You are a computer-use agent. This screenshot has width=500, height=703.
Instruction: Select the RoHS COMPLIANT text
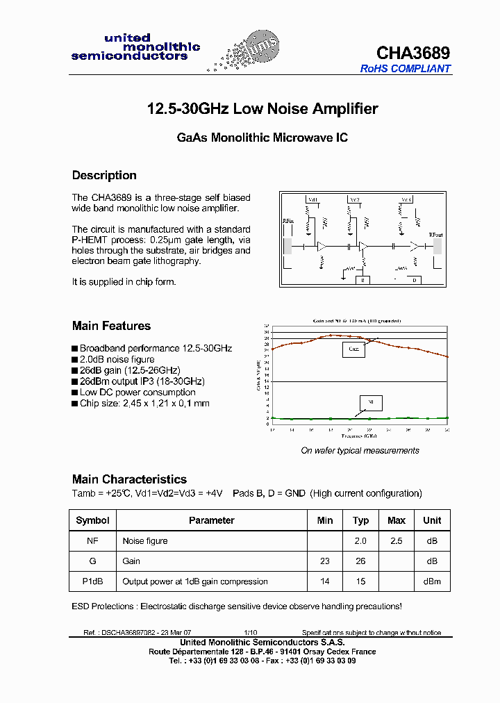406,69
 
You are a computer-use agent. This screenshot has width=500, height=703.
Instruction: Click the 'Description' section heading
104,176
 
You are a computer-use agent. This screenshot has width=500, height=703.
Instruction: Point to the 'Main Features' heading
111,326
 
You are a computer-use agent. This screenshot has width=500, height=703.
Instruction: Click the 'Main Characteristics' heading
129,479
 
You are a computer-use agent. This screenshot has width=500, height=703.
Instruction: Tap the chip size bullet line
144,404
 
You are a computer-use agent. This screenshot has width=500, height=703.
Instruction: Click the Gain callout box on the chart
353,349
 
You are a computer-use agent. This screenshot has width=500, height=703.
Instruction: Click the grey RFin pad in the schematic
287,246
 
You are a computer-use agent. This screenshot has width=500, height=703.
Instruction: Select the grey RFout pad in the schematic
435,246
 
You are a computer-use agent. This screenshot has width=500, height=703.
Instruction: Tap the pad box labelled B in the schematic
362,280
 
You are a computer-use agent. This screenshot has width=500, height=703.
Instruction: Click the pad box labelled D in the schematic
414,280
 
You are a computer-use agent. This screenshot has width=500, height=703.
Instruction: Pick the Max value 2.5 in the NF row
397,540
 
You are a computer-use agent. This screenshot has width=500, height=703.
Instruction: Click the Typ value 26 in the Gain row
360,561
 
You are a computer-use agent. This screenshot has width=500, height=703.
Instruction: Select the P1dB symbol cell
92,581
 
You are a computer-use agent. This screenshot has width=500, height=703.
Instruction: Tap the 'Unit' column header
432,520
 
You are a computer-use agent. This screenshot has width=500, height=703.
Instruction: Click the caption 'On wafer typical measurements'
360,451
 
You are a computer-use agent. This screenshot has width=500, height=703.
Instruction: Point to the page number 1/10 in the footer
250,633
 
